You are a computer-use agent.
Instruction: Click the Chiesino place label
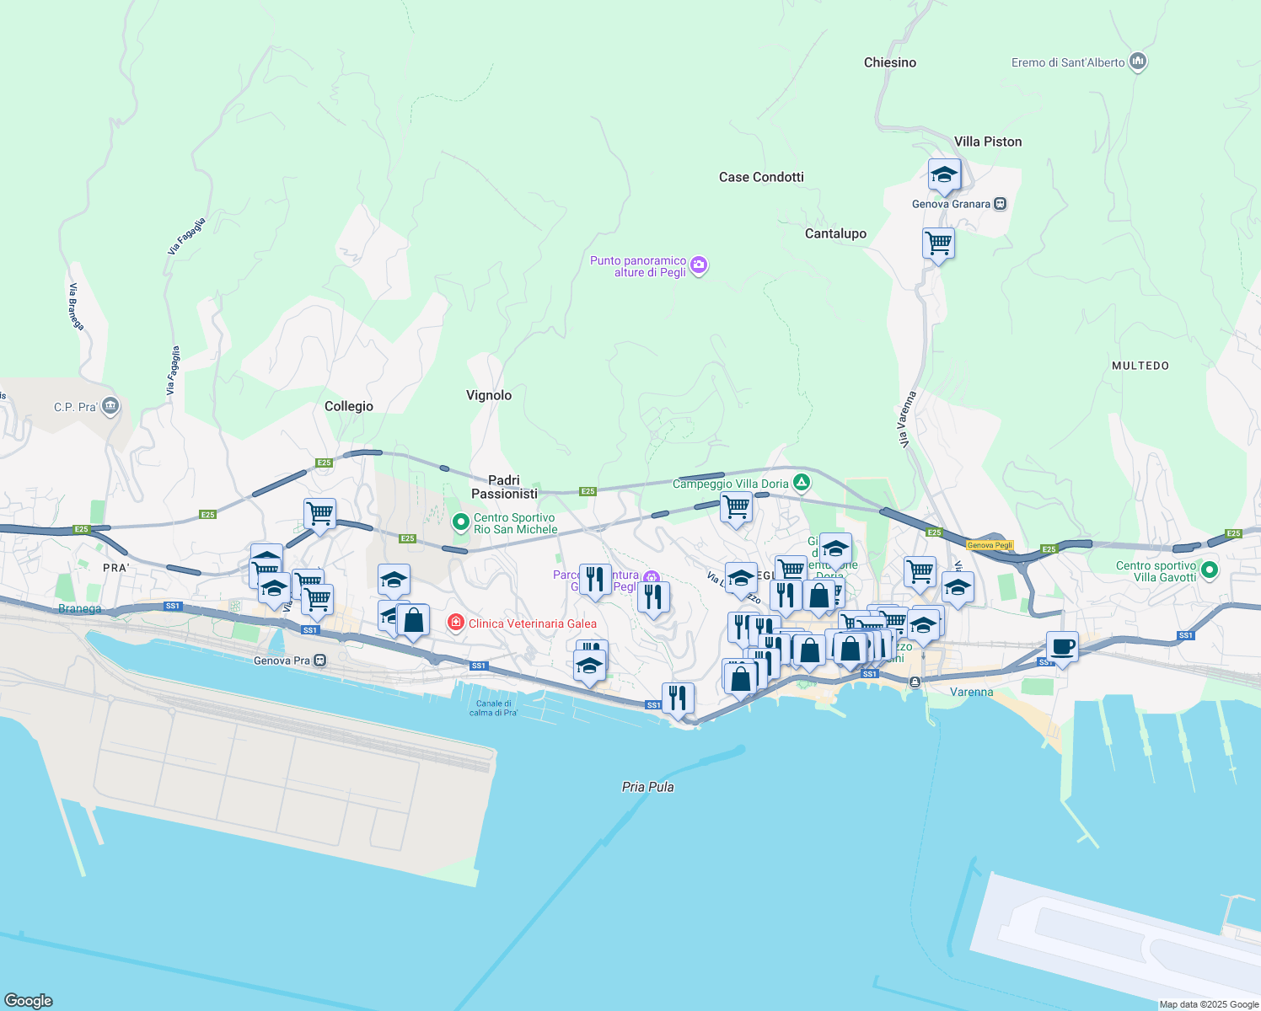pyautogui.click(x=889, y=62)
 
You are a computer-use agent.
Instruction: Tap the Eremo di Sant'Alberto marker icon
pyautogui.click(x=1138, y=62)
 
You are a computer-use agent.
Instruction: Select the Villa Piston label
pyautogui.click(x=988, y=142)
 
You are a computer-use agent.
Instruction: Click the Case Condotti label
pyautogui.click(x=761, y=177)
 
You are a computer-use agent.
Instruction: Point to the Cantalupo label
pyautogui.click(x=835, y=233)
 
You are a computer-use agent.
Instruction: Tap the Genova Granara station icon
pyautogui.click(x=1000, y=204)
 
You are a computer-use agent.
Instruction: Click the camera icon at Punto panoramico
pyautogui.click(x=699, y=266)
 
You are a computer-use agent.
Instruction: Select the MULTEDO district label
pyautogui.click(x=1140, y=366)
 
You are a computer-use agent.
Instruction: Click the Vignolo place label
pyautogui.click(x=489, y=395)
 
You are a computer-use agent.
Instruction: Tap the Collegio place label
pyautogui.click(x=349, y=406)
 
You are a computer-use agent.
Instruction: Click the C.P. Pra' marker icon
pyautogui.click(x=110, y=407)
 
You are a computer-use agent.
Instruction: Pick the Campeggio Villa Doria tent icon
pyautogui.click(x=802, y=483)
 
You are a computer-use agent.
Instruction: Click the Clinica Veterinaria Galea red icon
pyautogui.click(x=456, y=623)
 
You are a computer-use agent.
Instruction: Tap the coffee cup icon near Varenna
pyautogui.click(x=1062, y=647)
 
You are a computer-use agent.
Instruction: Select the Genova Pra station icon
pyautogui.click(x=319, y=661)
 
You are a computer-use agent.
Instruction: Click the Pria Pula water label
pyautogui.click(x=647, y=787)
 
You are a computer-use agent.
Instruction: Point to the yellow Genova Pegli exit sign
pyautogui.click(x=990, y=545)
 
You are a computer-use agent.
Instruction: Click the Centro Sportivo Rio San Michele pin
pyautogui.click(x=460, y=522)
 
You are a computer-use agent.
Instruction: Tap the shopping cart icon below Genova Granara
pyautogui.click(x=938, y=243)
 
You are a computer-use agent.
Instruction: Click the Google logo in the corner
pyautogui.click(x=29, y=1001)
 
